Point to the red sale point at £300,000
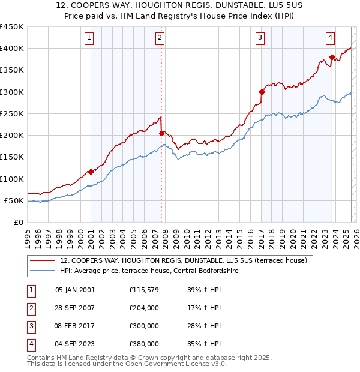[x=262, y=92]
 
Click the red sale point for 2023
[x=332, y=57]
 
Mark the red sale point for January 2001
[x=91, y=172]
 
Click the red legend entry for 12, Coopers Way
[x=184, y=260]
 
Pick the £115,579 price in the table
[x=143, y=290]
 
